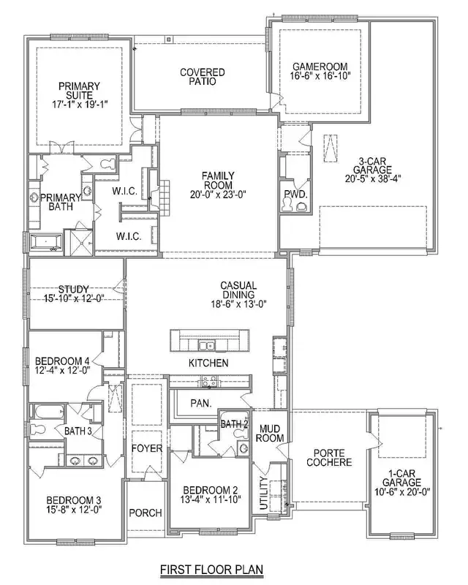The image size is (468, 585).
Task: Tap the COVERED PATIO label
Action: [x=202, y=78]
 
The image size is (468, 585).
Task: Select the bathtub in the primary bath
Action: [x=46, y=242]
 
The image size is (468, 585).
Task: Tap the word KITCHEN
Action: [x=208, y=363]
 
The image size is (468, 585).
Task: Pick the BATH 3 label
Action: [x=78, y=431]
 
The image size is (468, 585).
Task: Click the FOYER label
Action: [x=146, y=448]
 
